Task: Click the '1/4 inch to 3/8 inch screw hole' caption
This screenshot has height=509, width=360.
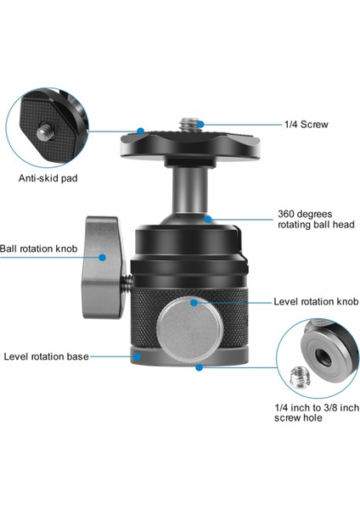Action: (x=311, y=413)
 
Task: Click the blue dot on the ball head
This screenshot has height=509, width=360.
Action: (x=208, y=219)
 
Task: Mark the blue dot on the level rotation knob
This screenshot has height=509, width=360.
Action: (x=194, y=302)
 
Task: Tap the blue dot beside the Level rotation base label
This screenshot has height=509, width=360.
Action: (x=135, y=357)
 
